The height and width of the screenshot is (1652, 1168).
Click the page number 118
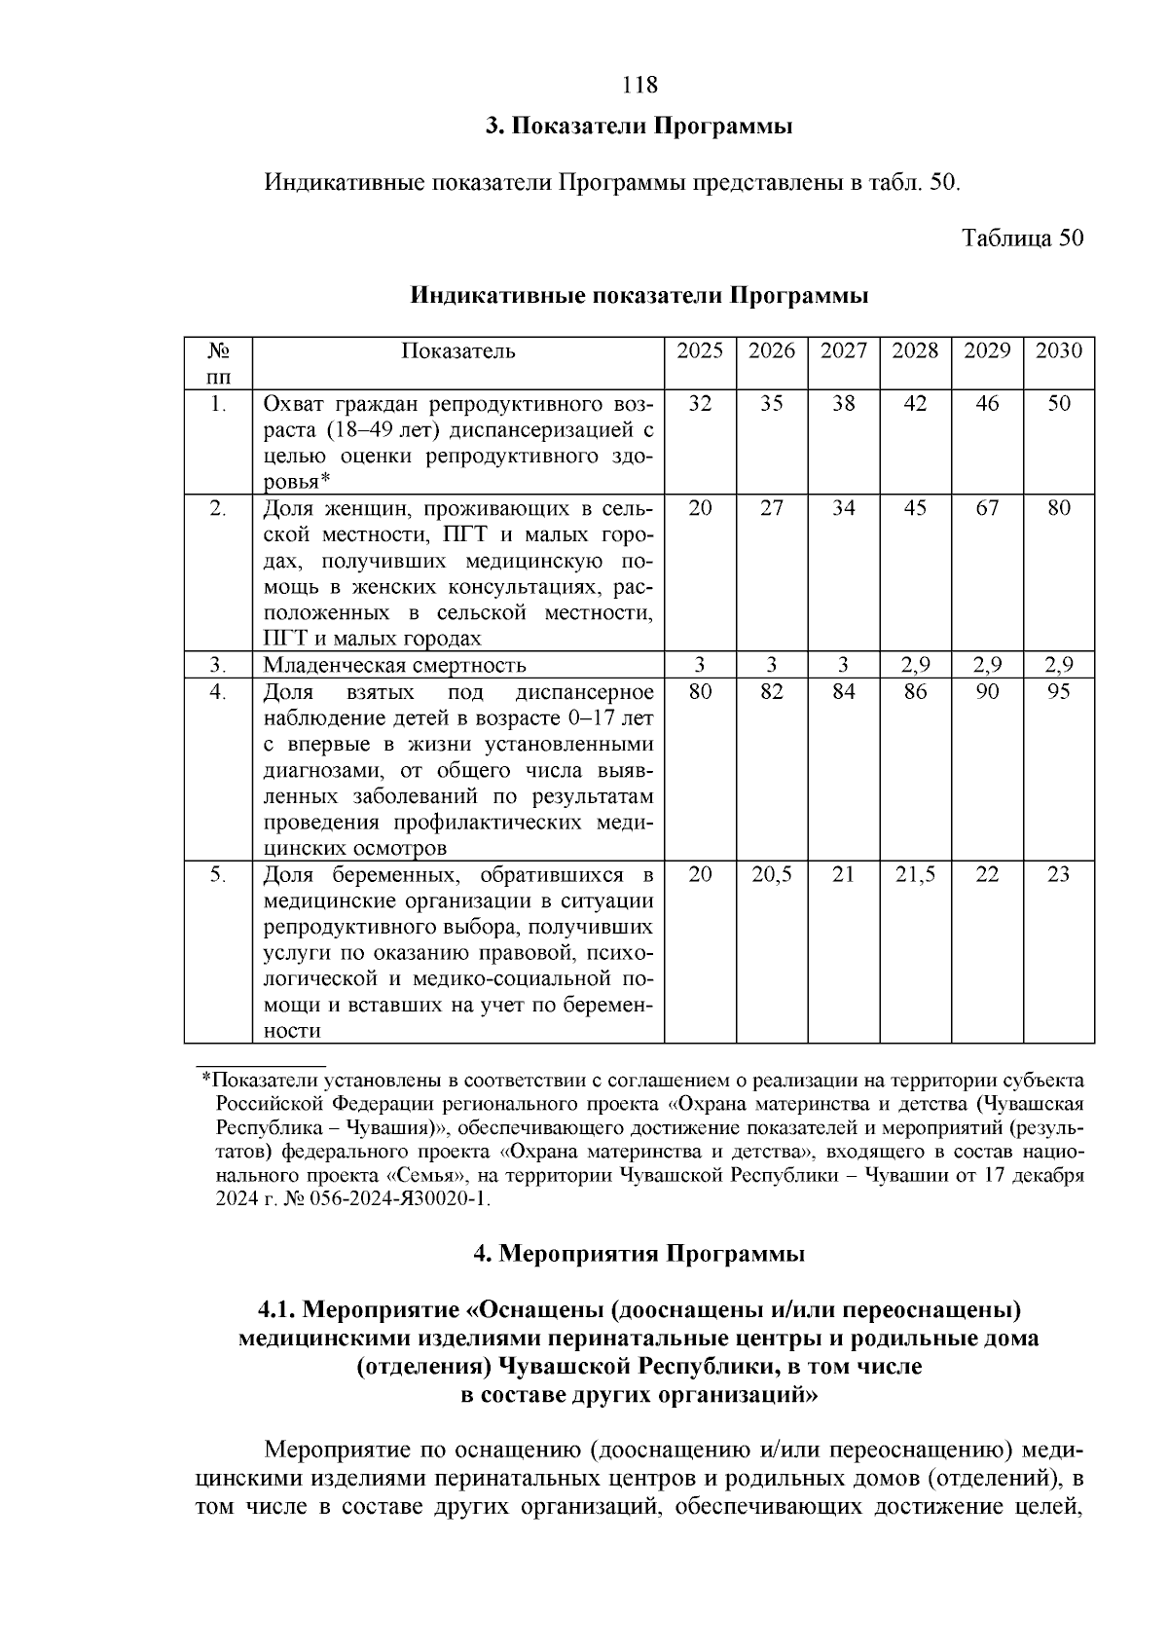[639, 85]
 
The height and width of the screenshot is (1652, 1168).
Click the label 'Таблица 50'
[1022, 239]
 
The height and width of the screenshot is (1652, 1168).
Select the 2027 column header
[843, 351]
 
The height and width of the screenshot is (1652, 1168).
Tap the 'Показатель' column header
[457, 351]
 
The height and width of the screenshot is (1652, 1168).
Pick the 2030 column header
[1058, 351]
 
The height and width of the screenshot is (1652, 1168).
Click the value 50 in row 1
[1058, 404]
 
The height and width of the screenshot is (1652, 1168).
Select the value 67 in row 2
[987, 508]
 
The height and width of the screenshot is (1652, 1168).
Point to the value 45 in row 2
[915, 508]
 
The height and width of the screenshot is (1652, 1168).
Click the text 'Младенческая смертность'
[395, 666]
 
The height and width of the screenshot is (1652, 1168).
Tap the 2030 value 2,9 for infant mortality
[1058, 666]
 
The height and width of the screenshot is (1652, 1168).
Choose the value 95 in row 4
[1058, 692]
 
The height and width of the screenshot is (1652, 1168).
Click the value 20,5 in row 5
[772, 875]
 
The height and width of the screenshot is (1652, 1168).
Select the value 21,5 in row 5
[915, 875]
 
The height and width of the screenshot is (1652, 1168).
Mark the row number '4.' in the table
[218, 692]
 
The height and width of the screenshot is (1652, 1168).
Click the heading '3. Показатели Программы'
[639, 127]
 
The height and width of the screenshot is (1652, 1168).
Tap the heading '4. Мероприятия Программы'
[639, 1254]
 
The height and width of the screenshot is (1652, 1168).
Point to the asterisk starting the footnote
[205, 1081]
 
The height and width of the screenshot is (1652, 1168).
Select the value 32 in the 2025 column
[700, 404]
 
